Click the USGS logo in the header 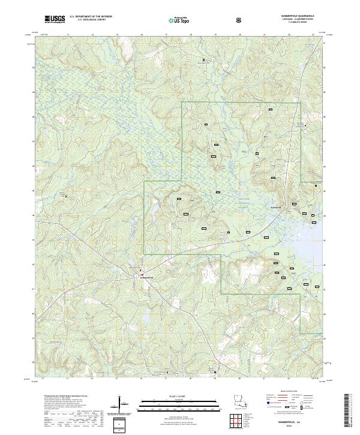tap(55, 19)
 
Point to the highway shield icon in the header tap(239, 19)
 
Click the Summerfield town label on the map tap(147, 277)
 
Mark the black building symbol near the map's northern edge tap(203, 60)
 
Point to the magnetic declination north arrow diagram tap(123, 403)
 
